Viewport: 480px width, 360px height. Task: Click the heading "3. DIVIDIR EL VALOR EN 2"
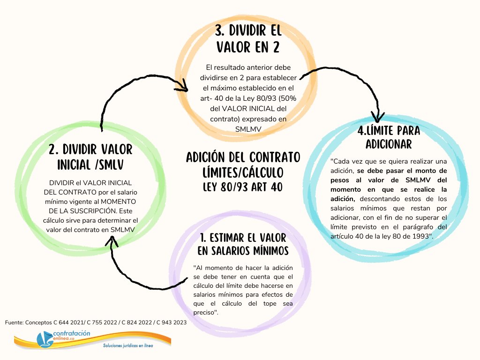(248, 39)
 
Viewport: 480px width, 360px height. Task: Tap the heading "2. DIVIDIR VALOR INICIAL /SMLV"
(91, 157)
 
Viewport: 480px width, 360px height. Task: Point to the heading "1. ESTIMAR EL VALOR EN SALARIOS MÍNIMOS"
(243, 244)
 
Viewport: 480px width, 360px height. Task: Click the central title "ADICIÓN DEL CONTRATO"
(243, 156)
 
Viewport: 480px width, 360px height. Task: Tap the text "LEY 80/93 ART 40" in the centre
(243, 187)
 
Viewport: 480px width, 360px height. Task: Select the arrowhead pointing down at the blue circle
(378, 117)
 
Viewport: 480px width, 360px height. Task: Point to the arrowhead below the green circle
(112, 241)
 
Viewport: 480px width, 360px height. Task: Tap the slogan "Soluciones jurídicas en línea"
(127, 346)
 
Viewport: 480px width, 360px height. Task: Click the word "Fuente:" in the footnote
(14, 322)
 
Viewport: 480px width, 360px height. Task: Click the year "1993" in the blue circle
(419, 235)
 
